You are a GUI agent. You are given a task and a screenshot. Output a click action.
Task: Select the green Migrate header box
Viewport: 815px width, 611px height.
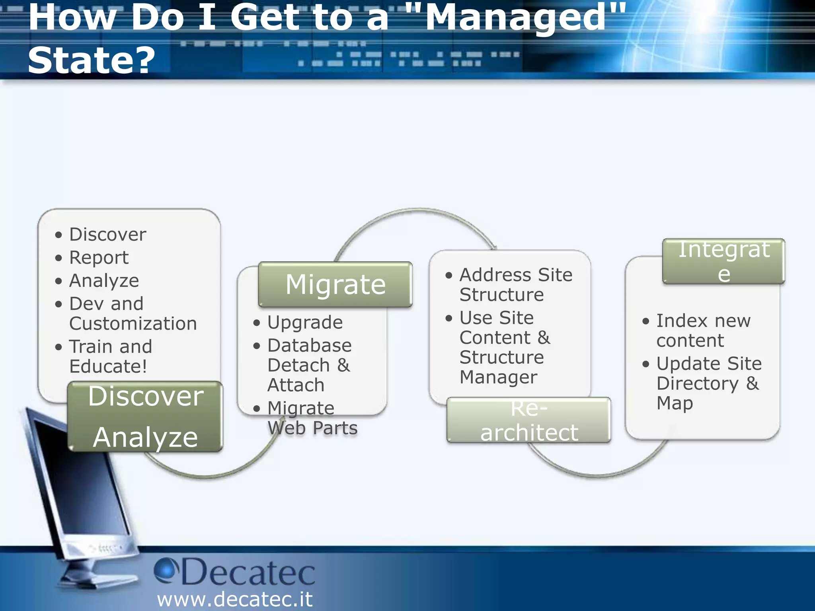(335, 284)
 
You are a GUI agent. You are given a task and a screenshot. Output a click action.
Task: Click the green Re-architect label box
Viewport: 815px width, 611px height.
(528, 420)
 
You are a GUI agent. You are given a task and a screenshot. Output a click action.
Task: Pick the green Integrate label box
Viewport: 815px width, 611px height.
(723, 261)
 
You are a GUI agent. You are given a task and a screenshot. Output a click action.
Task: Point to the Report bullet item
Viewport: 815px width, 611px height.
(99, 257)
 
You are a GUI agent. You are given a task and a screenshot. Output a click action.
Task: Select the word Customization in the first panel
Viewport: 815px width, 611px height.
(133, 323)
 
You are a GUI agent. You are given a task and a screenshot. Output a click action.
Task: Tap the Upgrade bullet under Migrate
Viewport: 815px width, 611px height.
(305, 322)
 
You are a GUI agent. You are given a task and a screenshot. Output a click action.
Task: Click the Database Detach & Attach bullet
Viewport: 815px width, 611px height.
(309, 365)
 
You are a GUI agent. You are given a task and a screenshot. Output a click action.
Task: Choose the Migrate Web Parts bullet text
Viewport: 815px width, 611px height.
(312, 418)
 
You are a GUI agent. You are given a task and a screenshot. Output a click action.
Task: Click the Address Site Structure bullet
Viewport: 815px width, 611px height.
(515, 284)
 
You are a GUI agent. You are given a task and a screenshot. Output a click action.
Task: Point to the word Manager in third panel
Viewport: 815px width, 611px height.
(498, 377)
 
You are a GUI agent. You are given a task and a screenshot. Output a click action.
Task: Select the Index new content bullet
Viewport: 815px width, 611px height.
(703, 330)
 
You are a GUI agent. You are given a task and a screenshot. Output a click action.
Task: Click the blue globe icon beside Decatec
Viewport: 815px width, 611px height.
(165, 570)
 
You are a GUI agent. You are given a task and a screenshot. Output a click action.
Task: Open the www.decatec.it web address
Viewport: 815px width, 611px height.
(235, 599)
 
